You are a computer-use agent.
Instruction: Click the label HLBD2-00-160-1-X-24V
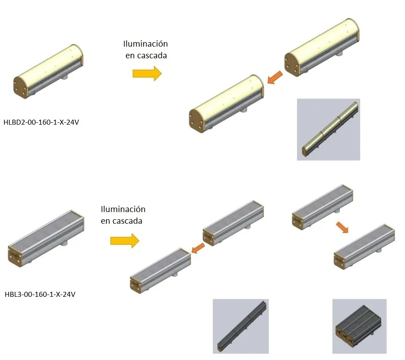pyautogui.click(x=41, y=121)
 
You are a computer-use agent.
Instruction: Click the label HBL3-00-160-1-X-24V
pyautogui.click(x=40, y=295)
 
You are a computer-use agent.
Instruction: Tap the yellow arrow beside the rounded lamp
pyautogui.click(x=146, y=73)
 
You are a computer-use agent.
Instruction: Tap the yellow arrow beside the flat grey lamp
pyautogui.click(x=125, y=241)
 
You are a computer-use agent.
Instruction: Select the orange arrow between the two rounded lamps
pyautogui.click(x=275, y=78)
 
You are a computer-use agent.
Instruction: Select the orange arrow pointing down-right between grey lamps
pyautogui.click(x=342, y=227)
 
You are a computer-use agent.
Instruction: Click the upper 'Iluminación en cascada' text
pyautogui.click(x=145, y=49)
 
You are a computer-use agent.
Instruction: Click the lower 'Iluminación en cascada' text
pyautogui.click(x=123, y=215)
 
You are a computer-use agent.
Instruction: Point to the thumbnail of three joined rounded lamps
pyautogui.click(x=328, y=130)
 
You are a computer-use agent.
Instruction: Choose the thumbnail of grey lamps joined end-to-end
pyautogui.click(x=240, y=326)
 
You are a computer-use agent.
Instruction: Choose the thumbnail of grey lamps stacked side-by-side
pyautogui.click(x=359, y=326)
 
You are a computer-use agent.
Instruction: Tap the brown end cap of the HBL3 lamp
pyautogui.click(x=16, y=256)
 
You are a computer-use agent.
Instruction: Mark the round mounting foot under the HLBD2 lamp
pyautogui.click(x=65, y=77)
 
